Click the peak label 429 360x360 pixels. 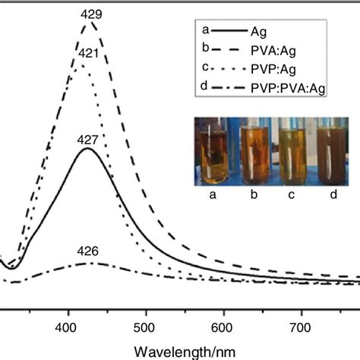(91, 14)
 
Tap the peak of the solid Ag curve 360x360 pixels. (88, 149)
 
